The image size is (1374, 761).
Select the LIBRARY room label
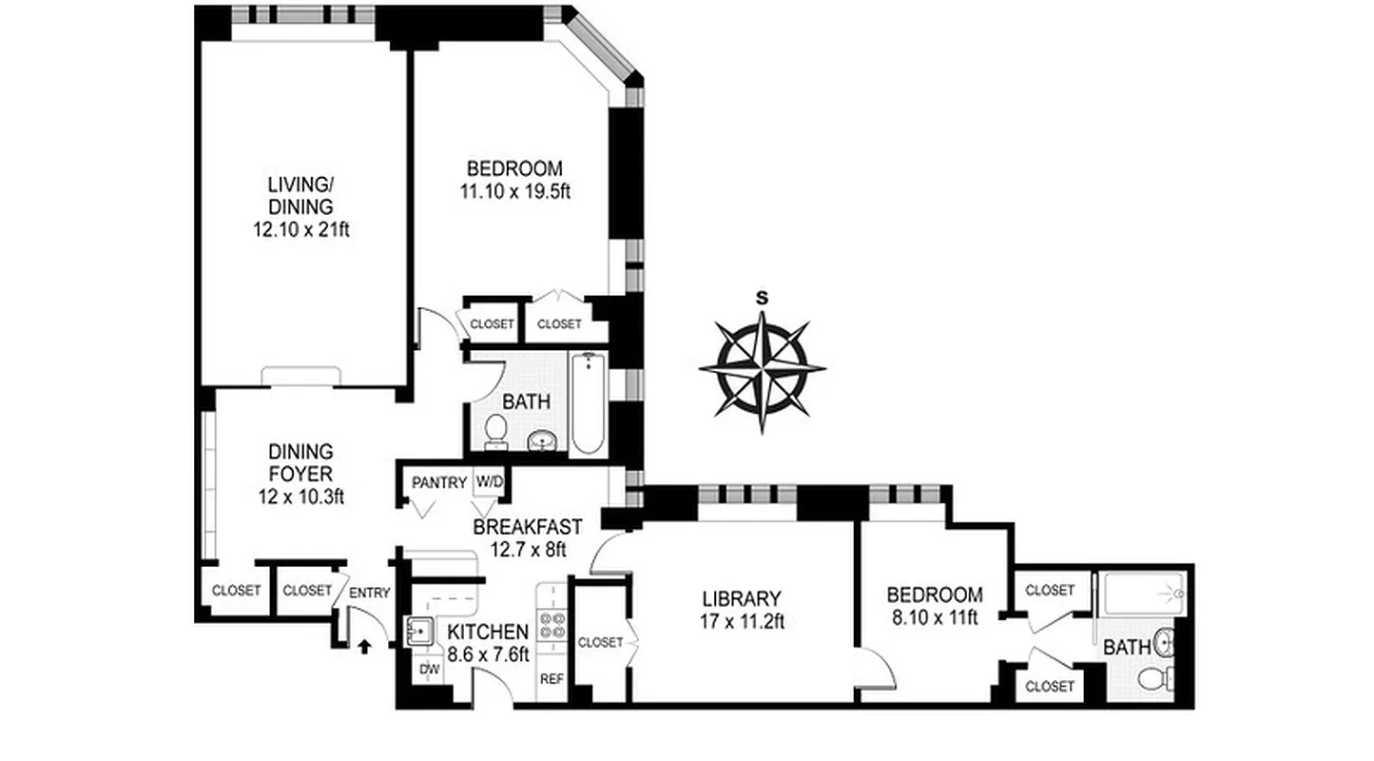click(742, 599)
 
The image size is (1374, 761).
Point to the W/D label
click(489, 482)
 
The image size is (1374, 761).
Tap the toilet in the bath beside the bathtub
click(495, 431)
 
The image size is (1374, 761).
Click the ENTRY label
click(369, 593)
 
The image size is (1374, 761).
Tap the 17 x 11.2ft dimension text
click(742, 621)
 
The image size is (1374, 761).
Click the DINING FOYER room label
click(300, 461)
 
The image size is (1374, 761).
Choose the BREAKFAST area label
click(527, 527)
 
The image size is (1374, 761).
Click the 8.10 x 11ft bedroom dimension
click(934, 616)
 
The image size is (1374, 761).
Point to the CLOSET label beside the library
click(600, 642)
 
